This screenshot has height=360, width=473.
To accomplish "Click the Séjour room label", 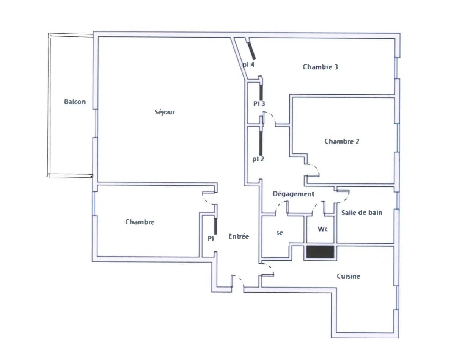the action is (164, 112).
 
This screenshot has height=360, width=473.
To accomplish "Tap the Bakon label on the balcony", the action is (75, 102).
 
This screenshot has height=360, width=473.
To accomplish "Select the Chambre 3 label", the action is (320, 67).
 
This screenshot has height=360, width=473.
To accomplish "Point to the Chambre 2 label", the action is (341, 141).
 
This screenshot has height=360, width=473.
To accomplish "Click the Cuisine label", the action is (348, 276).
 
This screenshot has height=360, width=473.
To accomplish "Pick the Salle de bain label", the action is (361, 213).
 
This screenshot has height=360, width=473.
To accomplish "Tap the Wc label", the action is (322, 229).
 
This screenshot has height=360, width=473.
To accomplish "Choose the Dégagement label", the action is (293, 194).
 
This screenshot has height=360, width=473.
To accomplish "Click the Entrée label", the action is (238, 236).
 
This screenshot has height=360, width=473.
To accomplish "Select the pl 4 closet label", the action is (248, 64).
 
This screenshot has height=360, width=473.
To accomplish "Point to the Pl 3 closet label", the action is (259, 104).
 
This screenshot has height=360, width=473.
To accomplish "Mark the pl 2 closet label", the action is (258, 159).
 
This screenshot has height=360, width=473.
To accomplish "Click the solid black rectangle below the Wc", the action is (320, 252).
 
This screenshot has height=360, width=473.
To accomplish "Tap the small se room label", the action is (279, 233).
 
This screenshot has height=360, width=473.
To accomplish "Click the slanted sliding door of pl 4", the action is (251, 50).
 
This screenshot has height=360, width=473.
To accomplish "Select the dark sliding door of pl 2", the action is (261, 143).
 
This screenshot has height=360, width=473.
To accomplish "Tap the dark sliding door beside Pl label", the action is (215, 226).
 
